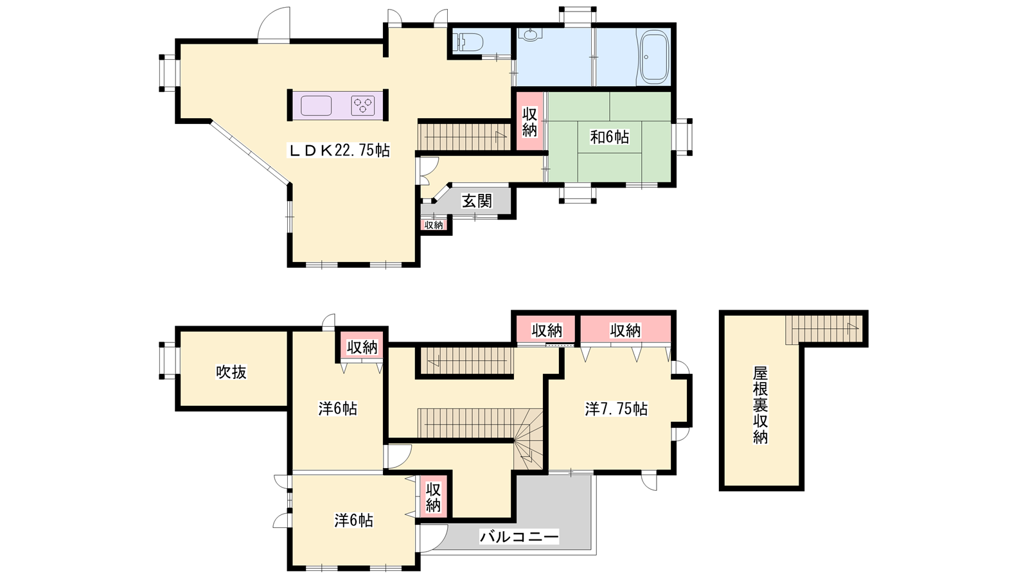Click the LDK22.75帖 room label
(x=338, y=150)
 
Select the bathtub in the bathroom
(x=654, y=57)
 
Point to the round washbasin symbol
(x=531, y=35)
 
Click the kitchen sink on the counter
(x=316, y=105)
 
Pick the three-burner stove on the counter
(x=363, y=105)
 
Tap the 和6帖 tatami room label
(x=610, y=137)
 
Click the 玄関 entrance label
(x=477, y=201)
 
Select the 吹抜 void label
(x=231, y=372)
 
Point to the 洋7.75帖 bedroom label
(x=616, y=408)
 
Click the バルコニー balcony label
(x=519, y=536)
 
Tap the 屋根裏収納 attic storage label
(x=761, y=405)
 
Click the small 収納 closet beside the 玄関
(x=434, y=225)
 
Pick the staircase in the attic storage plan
(x=824, y=329)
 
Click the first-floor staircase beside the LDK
(x=464, y=136)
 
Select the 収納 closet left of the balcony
(x=433, y=497)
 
